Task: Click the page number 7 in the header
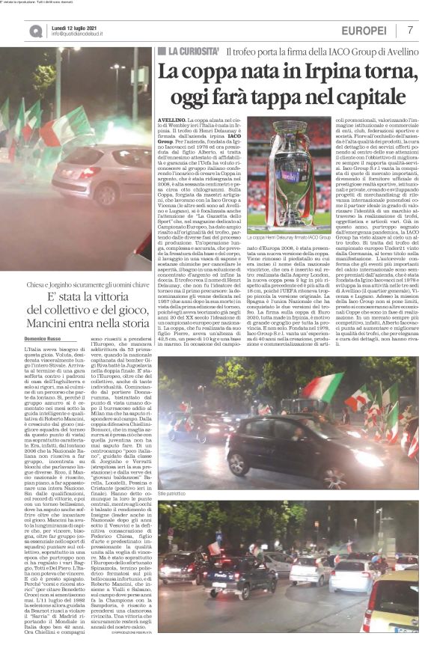[x=411, y=30]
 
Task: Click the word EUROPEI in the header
[x=364, y=31]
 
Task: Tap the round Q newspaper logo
[x=36, y=31]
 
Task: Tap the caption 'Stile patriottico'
[x=173, y=495]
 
